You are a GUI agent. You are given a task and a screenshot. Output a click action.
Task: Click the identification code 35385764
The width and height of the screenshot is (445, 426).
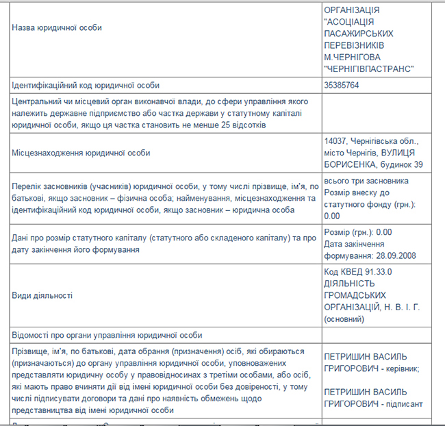[x=342, y=86]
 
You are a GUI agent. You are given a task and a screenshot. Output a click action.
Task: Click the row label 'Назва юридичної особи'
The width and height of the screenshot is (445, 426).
[x=57, y=28]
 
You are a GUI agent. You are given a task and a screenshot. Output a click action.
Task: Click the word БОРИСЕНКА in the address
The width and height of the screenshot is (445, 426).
[x=348, y=164]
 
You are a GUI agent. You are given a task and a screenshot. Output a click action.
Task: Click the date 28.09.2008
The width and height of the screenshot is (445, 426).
[x=396, y=257]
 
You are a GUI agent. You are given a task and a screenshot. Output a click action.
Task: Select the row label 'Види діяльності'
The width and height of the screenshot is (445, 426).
[x=42, y=295]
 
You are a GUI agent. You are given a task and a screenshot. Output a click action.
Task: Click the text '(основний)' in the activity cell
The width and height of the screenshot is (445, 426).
[x=345, y=318]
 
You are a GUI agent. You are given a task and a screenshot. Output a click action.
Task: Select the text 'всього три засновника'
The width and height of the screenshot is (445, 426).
[x=366, y=180]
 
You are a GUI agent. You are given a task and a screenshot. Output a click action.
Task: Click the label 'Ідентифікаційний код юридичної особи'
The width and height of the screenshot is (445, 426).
[x=86, y=86]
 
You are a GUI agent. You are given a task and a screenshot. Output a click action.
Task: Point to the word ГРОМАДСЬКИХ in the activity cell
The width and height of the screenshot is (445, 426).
[x=353, y=295]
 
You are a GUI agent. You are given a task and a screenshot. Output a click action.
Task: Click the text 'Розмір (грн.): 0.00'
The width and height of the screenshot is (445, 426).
[x=357, y=231]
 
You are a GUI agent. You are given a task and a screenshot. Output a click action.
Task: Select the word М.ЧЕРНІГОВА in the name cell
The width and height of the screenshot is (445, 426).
[x=352, y=58]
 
